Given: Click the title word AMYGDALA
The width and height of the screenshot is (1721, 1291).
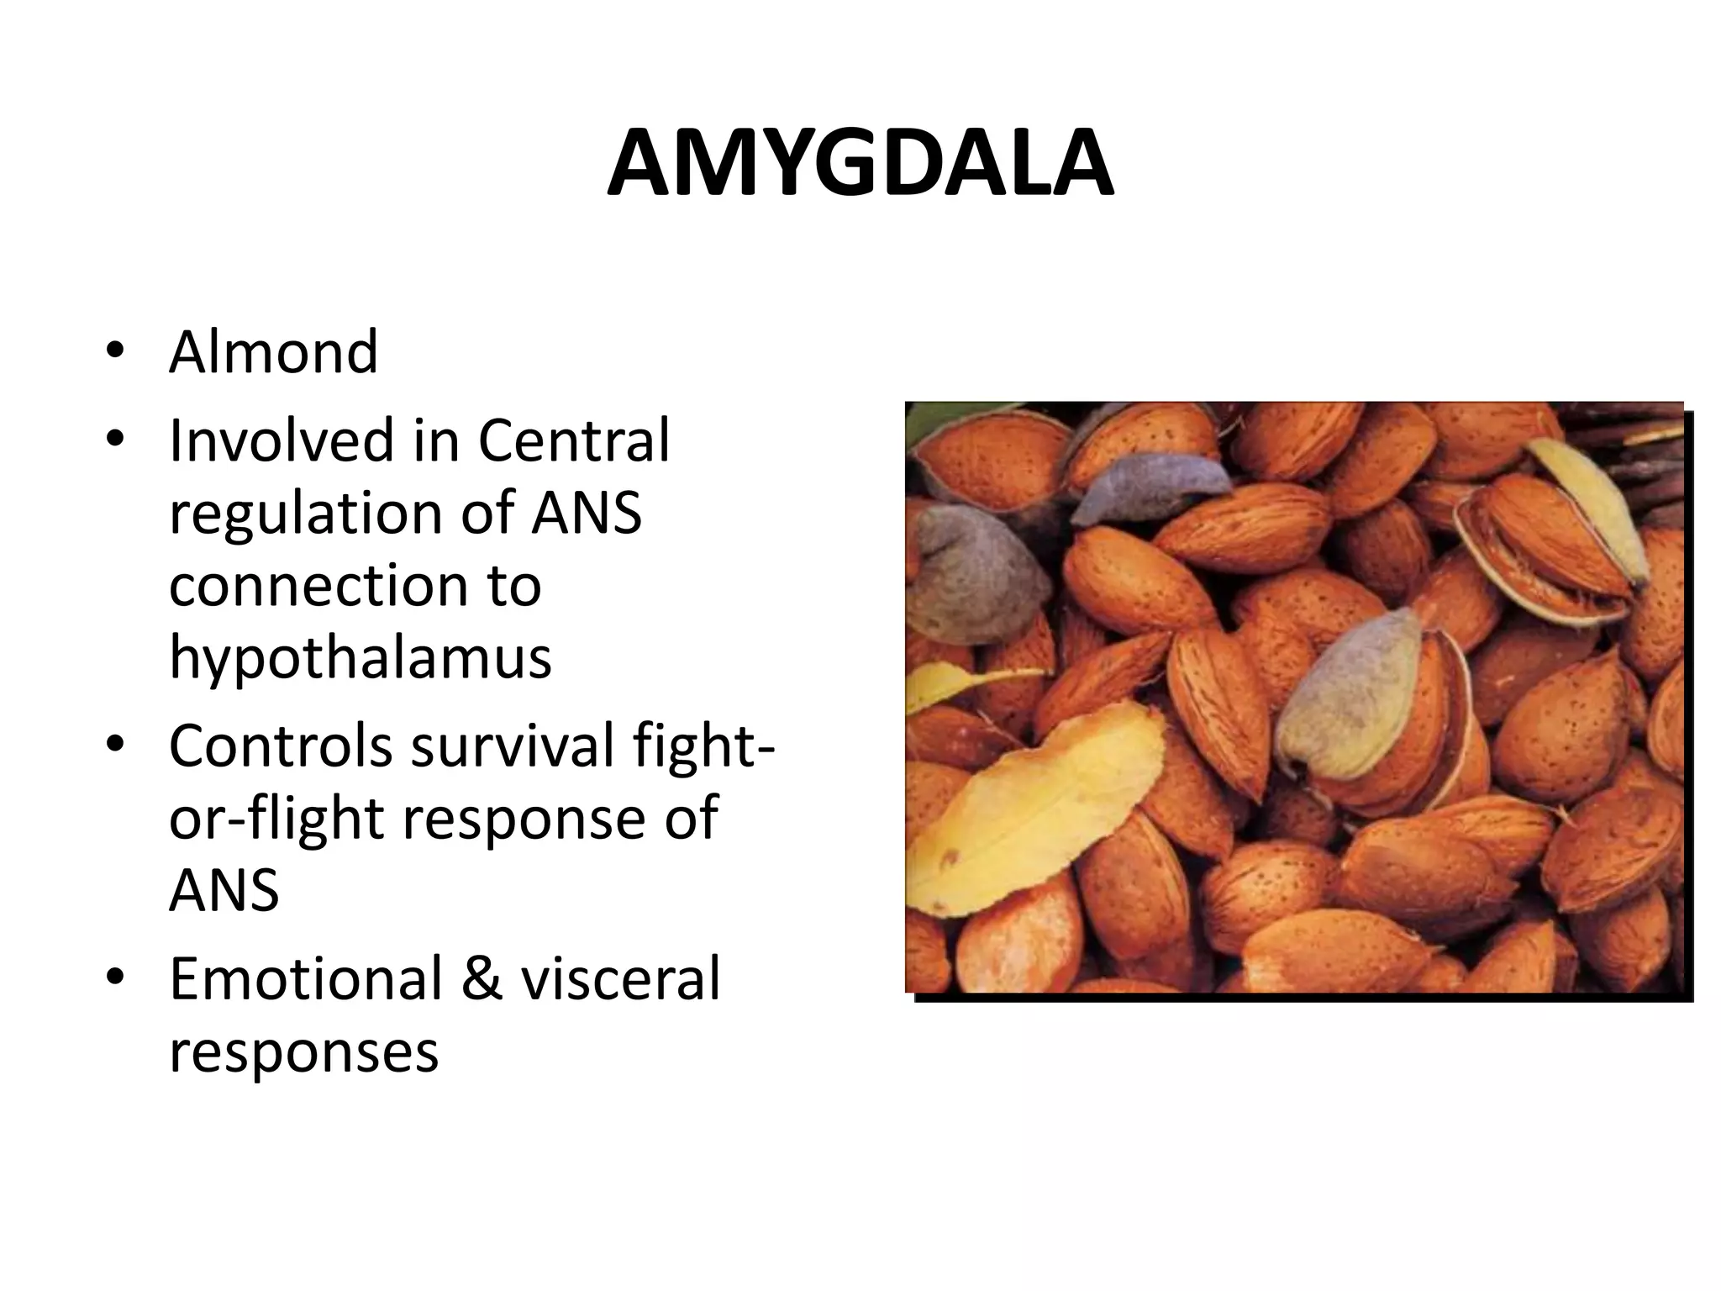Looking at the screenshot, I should click(x=860, y=164).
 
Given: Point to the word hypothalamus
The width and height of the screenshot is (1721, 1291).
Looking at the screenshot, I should click(x=360, y=657).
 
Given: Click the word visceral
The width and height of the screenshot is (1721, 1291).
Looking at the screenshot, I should click(x=620, y=978).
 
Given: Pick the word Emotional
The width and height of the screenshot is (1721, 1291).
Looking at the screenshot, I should click(x=305, y=978).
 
